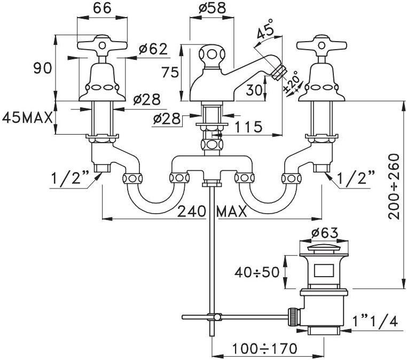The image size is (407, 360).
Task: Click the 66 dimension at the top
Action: click(x=103, y=9)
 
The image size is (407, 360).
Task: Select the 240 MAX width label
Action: click(x=212, y=212)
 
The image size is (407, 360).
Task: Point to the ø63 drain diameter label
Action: click(x=324, y=233)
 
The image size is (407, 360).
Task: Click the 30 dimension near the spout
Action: click(x=255, y=91)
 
